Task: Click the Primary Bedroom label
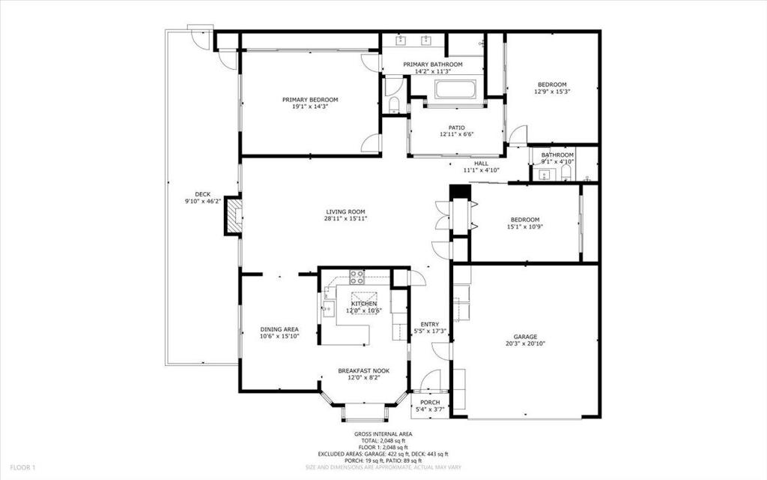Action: [309, 100]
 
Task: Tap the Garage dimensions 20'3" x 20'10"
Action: [525, 344]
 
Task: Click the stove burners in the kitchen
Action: [357, 277]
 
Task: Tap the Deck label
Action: [202, 194]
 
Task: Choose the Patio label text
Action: [457, 127]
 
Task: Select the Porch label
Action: [429, 402]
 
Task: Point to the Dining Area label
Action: [279, 329]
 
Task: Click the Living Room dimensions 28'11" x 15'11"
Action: [345, 218]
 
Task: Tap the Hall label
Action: [481, 163]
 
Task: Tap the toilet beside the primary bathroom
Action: [393, 103]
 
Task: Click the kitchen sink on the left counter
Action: [327, 306]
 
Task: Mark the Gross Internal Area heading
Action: [383, 434]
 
